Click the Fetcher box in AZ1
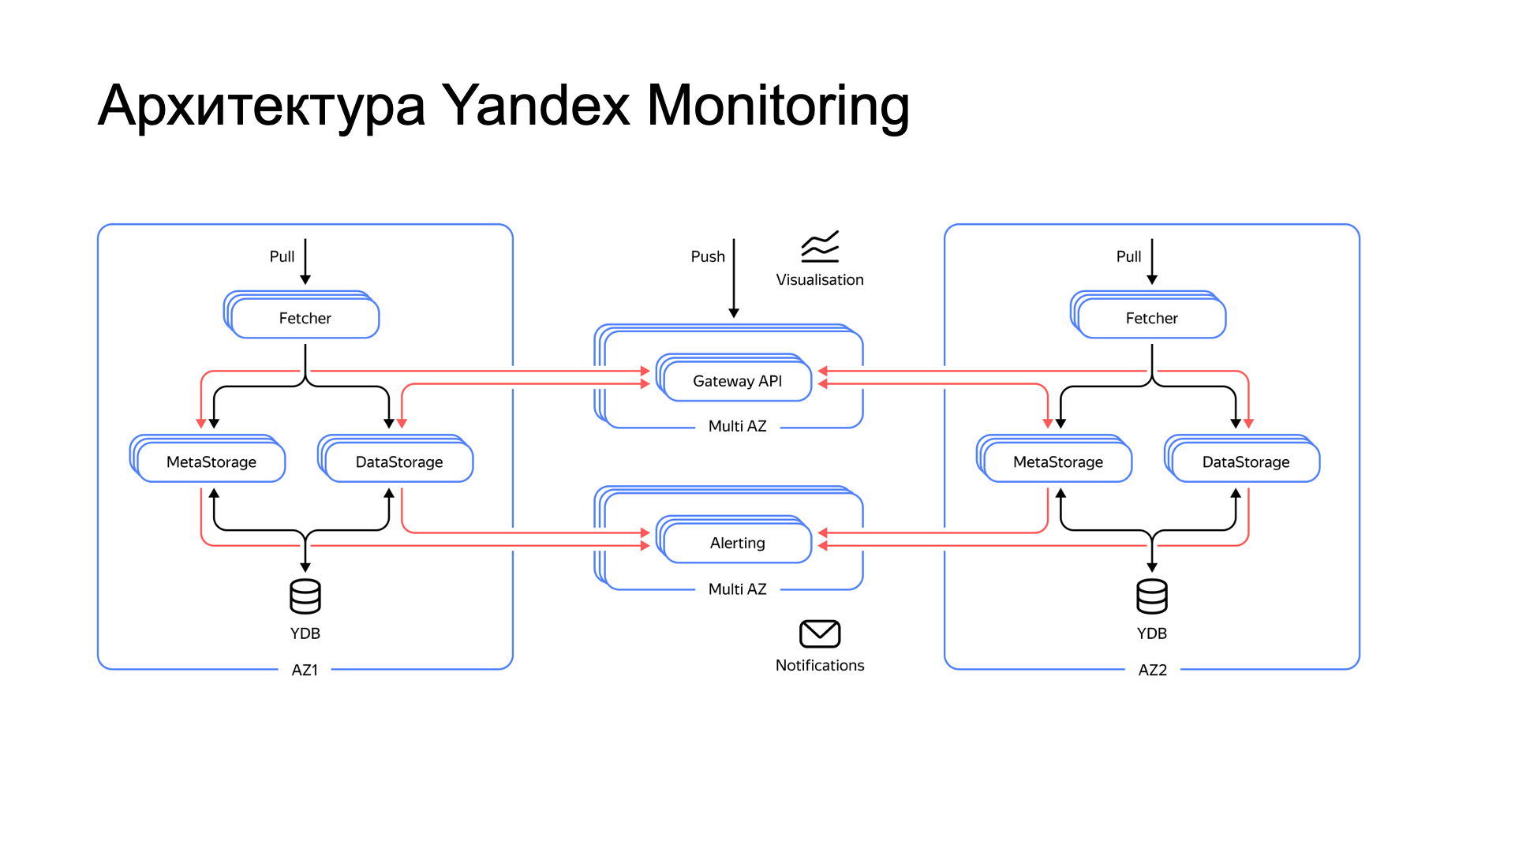pyautogui.click(x=305, y=318)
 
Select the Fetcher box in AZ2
pyautogui.click(x=1151, y=318)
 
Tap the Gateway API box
pyautogui.click(x=737, y=381)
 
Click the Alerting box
pyautogui.click(x=737, y=543)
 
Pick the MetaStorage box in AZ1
pyautogui.click(x=211, y=461)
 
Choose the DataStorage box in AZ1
pyautogui.click(x=398, y=461)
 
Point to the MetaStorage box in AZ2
pyautogui.click(x=1057, y=461)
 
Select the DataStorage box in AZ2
pyautogui.click(x=1245, y=461)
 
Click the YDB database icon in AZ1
pyautogui.click(x=305, y=596)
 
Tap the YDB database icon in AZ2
pyautogui.click(x=1152, y=596)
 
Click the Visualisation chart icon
pyautogui.click(x=820, y=247)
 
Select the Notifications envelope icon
pyautogui.click(x=820, y=633)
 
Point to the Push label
pyautogui.click(x=708, y=256)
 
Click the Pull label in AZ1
pyautogui.click(x=282, y=256)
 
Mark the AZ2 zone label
pyautogui.click(x=1152, y=670)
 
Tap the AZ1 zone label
pyautogui.click(x=305, y=670)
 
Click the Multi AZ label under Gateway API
pyautogui.click(x=737, y=426)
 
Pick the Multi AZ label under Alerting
pyautogui.click(x=737, y=589)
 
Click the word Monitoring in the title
pyautogui.click(x=777, y=105)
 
